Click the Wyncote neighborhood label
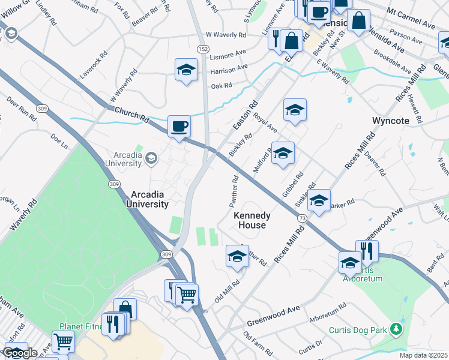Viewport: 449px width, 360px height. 390,121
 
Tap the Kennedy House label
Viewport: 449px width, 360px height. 252,220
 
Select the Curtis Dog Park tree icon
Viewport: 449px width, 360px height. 396,329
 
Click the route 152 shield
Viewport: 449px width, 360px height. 204,48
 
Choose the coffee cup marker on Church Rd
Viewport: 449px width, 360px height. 179,127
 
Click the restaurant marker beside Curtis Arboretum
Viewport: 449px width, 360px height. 367,251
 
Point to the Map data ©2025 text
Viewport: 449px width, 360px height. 424,355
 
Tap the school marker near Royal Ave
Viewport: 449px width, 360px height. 295,110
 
